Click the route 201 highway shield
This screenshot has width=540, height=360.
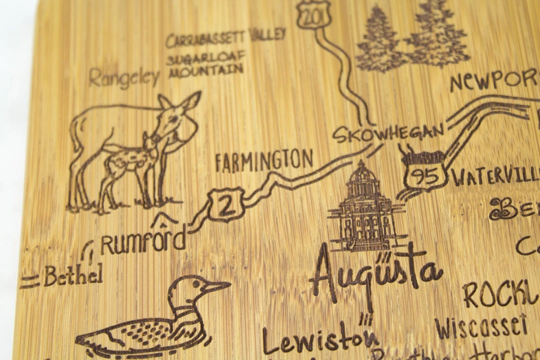click(x=313, y=14)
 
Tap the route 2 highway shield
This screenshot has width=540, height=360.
click(x=226, y=204)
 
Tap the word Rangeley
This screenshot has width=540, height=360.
click(x=124, y=78)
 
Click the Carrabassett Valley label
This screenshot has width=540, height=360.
click(x=225, y=38)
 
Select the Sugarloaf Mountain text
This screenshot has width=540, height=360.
click(x=205, y=65)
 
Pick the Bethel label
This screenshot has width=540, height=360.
click(x=73, y=275)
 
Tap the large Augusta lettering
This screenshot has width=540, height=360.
click(x=375, y=272)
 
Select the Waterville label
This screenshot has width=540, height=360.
click(x=495, y=176)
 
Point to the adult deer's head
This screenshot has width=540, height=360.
click(x=175, y=120)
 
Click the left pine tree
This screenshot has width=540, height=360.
click(x=380, y=40)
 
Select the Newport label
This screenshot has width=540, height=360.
click(x=492, y=80)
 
